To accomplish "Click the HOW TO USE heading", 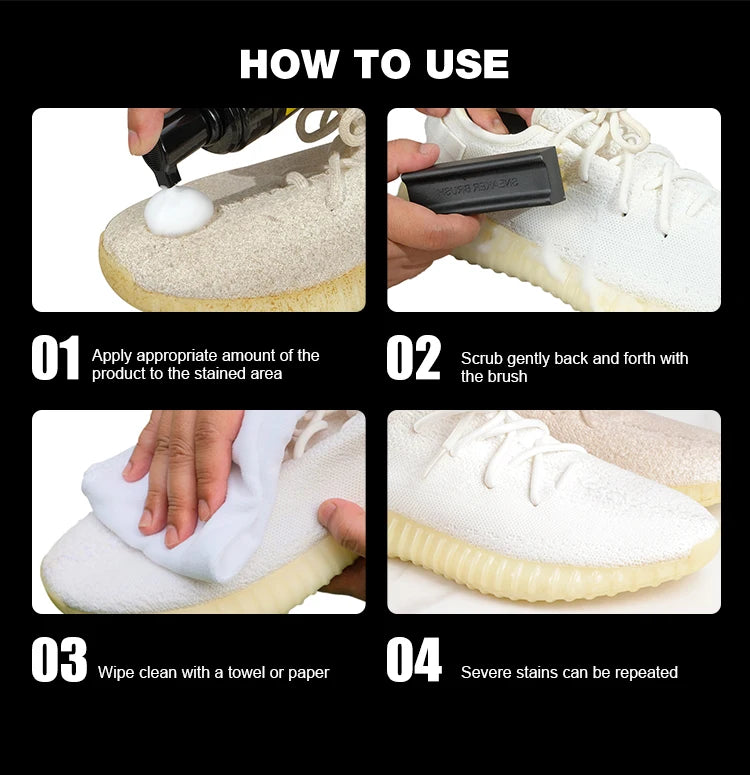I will tap(374, 63).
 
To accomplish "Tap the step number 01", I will tap(55, 359).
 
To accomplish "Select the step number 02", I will tap(413, 359).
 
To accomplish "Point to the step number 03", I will tap(59, 661).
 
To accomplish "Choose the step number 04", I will tap(414, 661).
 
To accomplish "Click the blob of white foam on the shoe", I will tap(178, 211).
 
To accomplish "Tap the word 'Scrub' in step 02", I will tap(482, 358).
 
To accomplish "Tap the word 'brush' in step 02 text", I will tap(507, 377).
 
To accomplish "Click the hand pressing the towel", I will tap(185, 460).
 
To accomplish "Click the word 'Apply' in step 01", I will tap(112, 355).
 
